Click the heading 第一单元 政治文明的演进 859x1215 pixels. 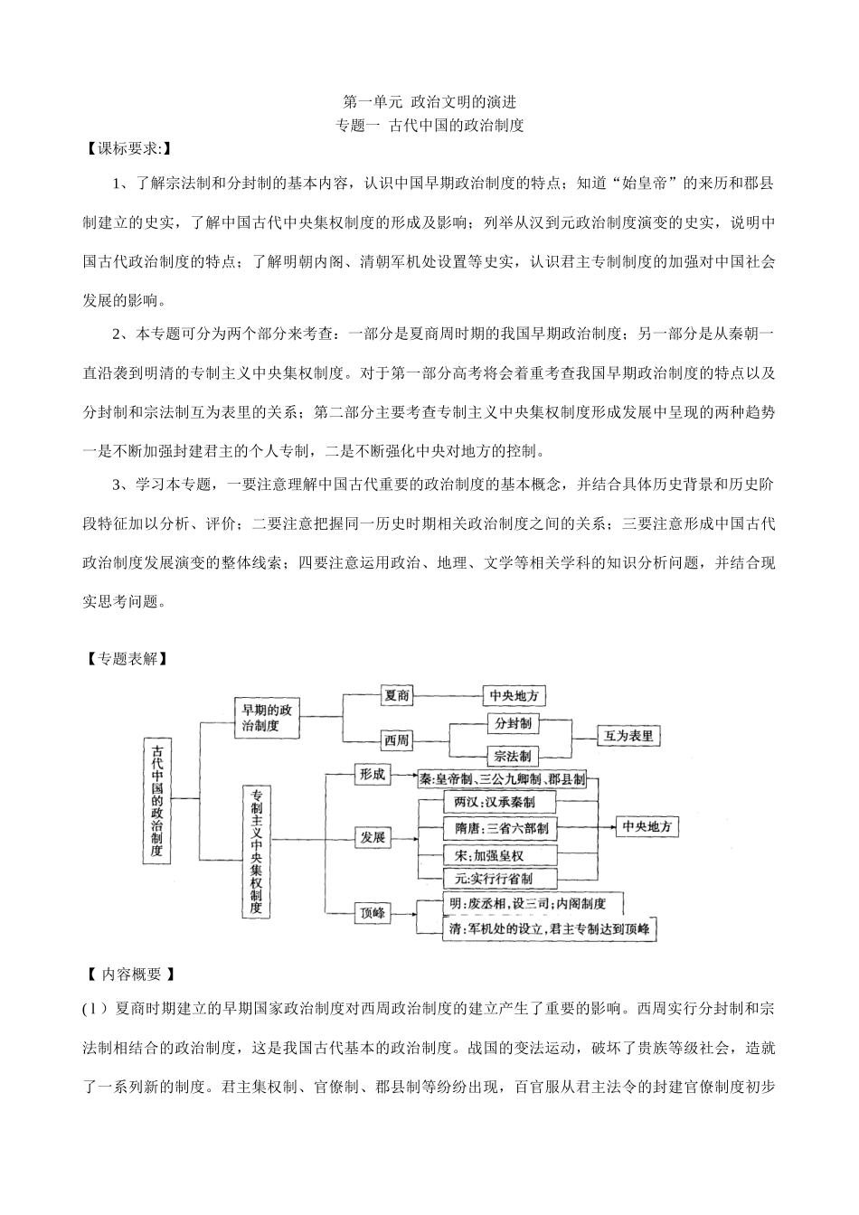coord(429,102)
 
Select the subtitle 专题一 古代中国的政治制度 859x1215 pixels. coord(429,126)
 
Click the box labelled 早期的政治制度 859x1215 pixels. coord(267,718)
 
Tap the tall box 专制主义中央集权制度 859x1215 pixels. coord(258,851)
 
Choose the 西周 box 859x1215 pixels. coord(397,739)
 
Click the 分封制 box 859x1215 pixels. coord(513,723)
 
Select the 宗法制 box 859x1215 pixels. coord(513,756)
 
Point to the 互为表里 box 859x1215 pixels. coord(628,736)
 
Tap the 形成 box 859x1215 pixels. coord(373,774)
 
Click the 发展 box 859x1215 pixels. coord(373,838)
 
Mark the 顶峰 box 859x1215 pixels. coord(373,913)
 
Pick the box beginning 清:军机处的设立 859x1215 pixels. coord(550,929)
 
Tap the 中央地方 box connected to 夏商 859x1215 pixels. coord(514,695)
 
